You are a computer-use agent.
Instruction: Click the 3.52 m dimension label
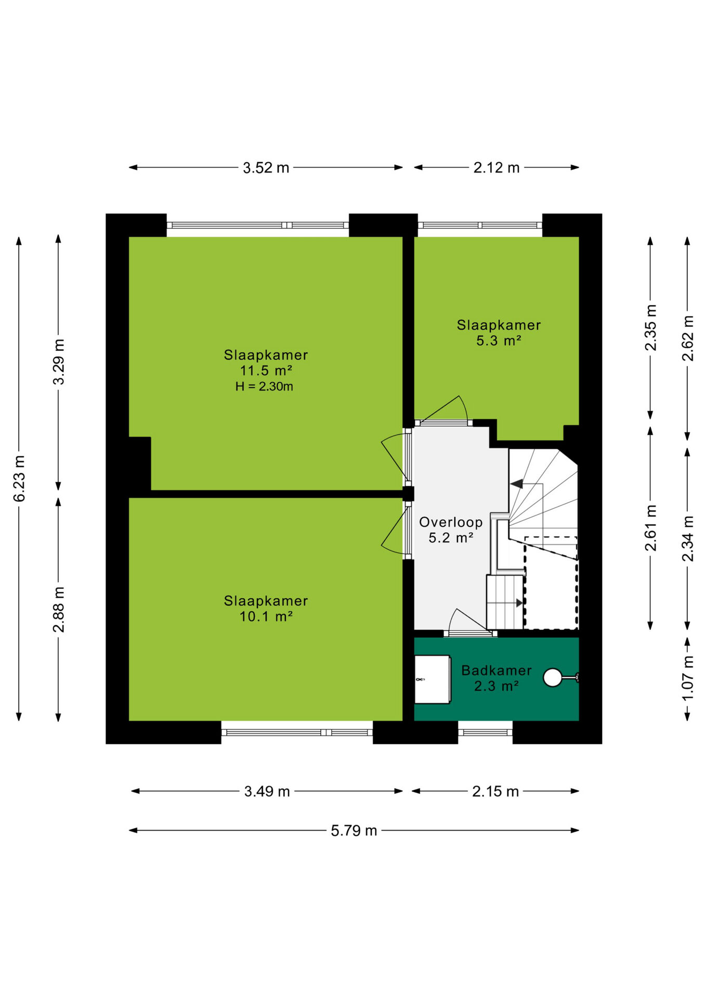pos(266,168)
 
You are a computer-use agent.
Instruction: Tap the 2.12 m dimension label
pos(496,168)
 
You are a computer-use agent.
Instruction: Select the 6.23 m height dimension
pos(19,479)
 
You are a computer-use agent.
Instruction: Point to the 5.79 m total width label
pos(354,831)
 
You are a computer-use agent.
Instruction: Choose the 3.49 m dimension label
pos(267,792)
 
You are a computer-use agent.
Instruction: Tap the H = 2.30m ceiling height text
pos(264,387)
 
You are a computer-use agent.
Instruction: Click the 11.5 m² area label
pos(266,371)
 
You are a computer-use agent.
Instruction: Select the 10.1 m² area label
pos(266,617)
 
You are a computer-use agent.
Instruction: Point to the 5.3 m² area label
pos(499,341)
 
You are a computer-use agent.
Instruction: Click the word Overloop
pos(451,522)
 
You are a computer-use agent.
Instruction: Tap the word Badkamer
pos(496,671)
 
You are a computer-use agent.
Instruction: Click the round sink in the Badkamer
pos(553,678)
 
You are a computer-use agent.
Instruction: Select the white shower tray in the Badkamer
pos(433,679)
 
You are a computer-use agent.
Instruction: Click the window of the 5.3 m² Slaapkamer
pos(480,226)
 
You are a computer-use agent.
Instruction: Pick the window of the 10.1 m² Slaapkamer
pos(297,732)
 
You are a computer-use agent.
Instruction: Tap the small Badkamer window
pos(485,732)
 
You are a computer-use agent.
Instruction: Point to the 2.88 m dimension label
pos(59,610)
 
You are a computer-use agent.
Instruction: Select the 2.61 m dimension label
pos(650,528)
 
